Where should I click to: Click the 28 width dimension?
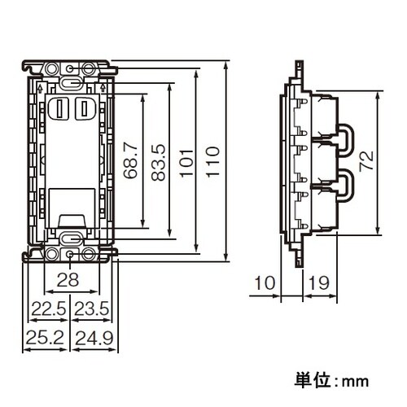coord(70,281)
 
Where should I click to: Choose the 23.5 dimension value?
coord(90,309)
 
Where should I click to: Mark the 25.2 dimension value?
coord(46,335)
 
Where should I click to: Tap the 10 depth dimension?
coord(265,283)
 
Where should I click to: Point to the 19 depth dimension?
coord(319,283)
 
